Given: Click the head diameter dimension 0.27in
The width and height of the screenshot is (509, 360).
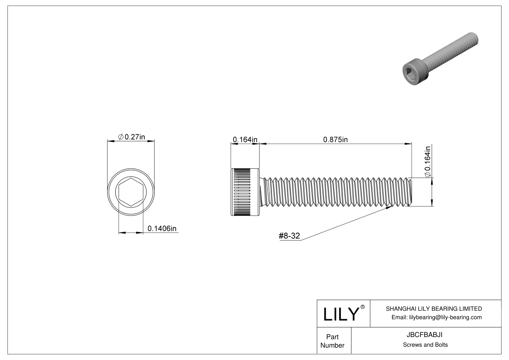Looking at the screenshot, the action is [131, 137].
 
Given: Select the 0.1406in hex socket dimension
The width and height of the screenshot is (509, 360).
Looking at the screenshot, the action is [162, 229].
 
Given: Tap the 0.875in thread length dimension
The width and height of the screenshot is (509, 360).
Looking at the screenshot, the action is [336, 140].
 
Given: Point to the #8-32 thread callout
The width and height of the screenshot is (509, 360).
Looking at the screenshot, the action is [289, 236].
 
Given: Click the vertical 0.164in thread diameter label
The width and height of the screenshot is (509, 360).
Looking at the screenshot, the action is [428, 161].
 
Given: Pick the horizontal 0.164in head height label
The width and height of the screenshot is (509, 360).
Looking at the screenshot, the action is [245, 140].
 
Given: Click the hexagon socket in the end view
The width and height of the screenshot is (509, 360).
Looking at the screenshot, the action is [131, 192].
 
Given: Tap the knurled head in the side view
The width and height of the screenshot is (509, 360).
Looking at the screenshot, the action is [245, 192].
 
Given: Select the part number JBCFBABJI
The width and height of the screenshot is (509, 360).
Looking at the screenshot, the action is [424, 335].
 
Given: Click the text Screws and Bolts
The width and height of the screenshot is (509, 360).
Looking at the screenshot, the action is [425, 345].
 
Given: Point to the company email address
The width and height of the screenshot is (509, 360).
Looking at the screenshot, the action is [436, 317].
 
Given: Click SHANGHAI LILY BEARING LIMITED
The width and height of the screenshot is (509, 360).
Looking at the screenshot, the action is [434, 309].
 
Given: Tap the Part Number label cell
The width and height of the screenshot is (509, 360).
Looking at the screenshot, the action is [332, 341].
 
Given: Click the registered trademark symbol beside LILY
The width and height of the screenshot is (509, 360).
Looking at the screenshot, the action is [363, 307].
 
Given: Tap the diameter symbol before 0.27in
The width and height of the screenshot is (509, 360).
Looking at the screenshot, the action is [121, 137].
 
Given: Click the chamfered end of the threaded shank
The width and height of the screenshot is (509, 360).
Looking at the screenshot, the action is [410, 192].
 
